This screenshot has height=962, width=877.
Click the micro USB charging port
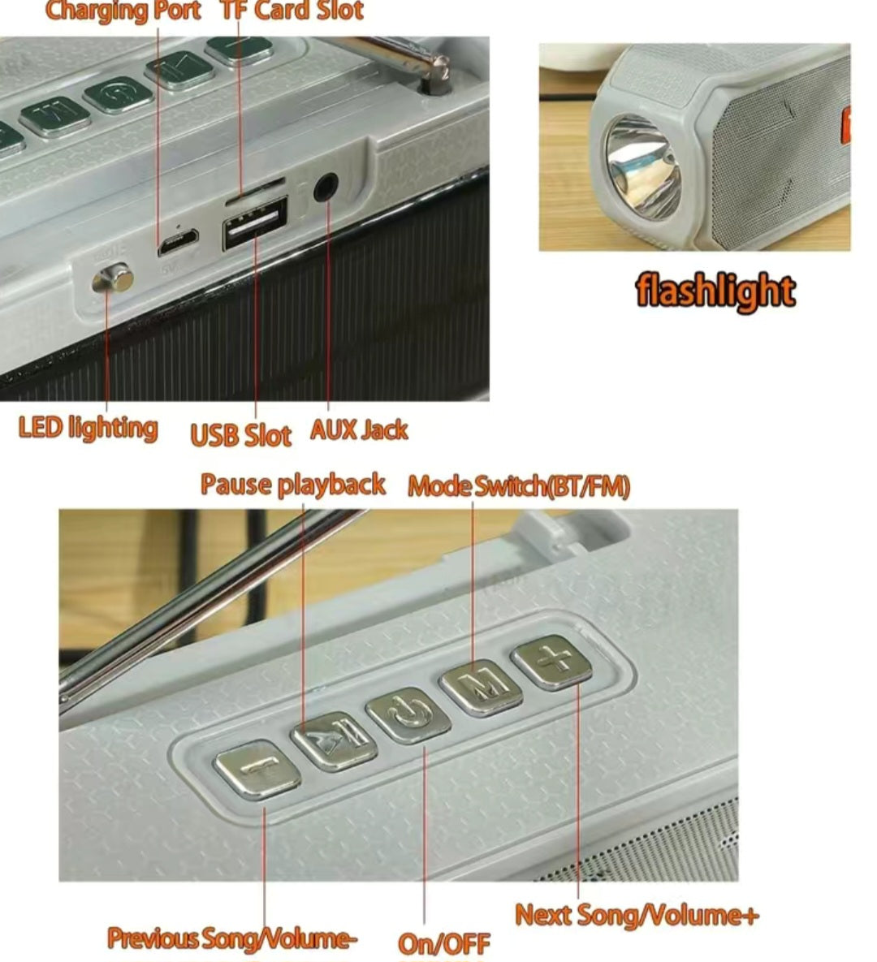pyautogui.click(x=178, y=242)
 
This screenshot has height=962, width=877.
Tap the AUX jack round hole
pyautogui.click(x=326, y=188)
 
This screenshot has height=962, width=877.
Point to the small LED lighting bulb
pyautogui.click(x=112, y=280)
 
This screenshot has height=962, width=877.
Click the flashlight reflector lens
pyautogui.click(x=643, y=167)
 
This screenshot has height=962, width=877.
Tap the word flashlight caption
pyautogui.click(x=715, y=291)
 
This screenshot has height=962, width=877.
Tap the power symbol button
pyautogui.click(x=408, y=713)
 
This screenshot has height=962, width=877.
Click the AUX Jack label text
pyautogui.click(x=359, y=430)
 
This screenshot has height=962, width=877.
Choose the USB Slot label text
pyautogui.click(x=240, y=435)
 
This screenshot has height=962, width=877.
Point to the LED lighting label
pyautogui.click(x=88, y=428)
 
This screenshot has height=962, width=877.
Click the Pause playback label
pyautogui.click(x=293, y=485)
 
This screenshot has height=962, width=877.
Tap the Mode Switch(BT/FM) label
pyautogui.click(x=519, y=486)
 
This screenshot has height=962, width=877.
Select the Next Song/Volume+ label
pyautogui.click(x=637, y=915)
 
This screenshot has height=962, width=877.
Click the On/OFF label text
pyautogui.click(x=443, y=943)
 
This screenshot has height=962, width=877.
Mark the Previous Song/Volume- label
pyautogui.click(x=232, y=938)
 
